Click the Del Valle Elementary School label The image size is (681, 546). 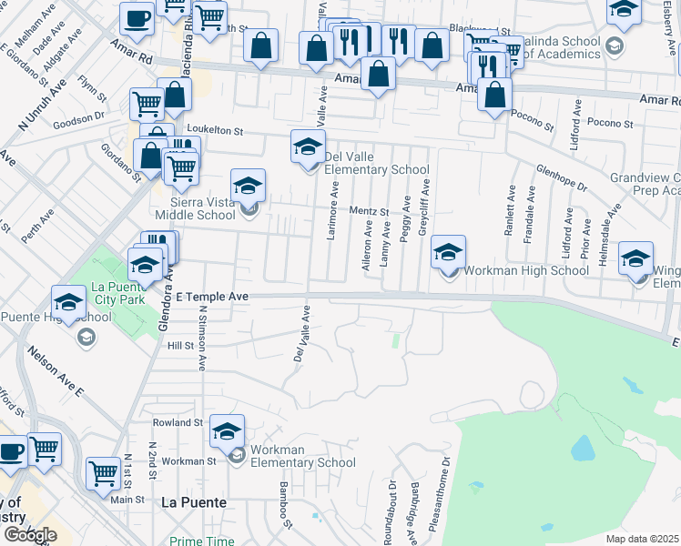pyautogui.click(x=376, y=163)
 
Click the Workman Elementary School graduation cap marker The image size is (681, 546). pyautogui.click(x=229, y=431)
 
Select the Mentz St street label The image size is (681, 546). pyautogui.click(x=372, y=212)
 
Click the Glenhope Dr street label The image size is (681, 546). pyautogui.click(x=562, y=178)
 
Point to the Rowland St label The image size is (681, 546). pyautogui.click(x=178, y=422)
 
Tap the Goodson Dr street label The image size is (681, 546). pyautogui.click(x=79, y=119)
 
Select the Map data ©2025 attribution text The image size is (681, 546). pyautogui.click(x=642, y=539)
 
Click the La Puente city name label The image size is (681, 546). pyautogui.click(x=193, y=501)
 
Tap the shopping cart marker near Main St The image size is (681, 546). pyautogui.click(x=104, y=473)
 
